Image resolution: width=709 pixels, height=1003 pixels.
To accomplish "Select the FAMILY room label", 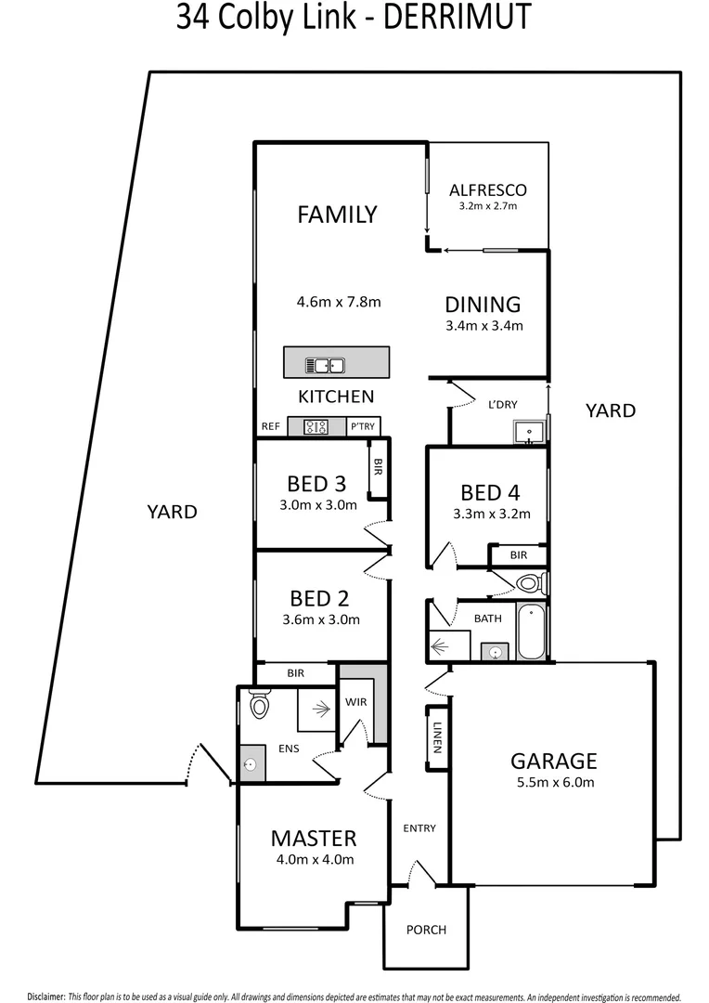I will (337, 215).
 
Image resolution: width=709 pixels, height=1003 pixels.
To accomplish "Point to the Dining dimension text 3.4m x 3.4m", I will (483, 326).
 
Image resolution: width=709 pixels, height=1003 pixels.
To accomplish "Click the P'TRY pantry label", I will (362, 427).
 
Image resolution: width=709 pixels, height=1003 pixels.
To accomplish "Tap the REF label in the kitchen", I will (271, 427).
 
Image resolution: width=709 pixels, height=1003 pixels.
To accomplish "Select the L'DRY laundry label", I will (502, 405).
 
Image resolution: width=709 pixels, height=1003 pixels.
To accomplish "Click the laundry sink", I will (528, 432).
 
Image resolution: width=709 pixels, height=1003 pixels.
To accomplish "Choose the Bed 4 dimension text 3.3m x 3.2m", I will (491, 514).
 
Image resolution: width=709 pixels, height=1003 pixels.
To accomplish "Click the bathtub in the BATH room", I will (531, 632).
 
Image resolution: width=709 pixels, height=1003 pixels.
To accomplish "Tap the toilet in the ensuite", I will (259, 707).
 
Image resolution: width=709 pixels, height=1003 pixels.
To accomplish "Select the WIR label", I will (356, 702).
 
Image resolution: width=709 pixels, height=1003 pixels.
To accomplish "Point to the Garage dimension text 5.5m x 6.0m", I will (553, 782).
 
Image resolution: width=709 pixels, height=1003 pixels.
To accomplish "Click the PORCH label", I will (427, 930).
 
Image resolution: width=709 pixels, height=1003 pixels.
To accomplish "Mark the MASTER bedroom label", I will (314, 838).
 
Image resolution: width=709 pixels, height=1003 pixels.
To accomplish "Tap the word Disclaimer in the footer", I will (45, 995).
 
